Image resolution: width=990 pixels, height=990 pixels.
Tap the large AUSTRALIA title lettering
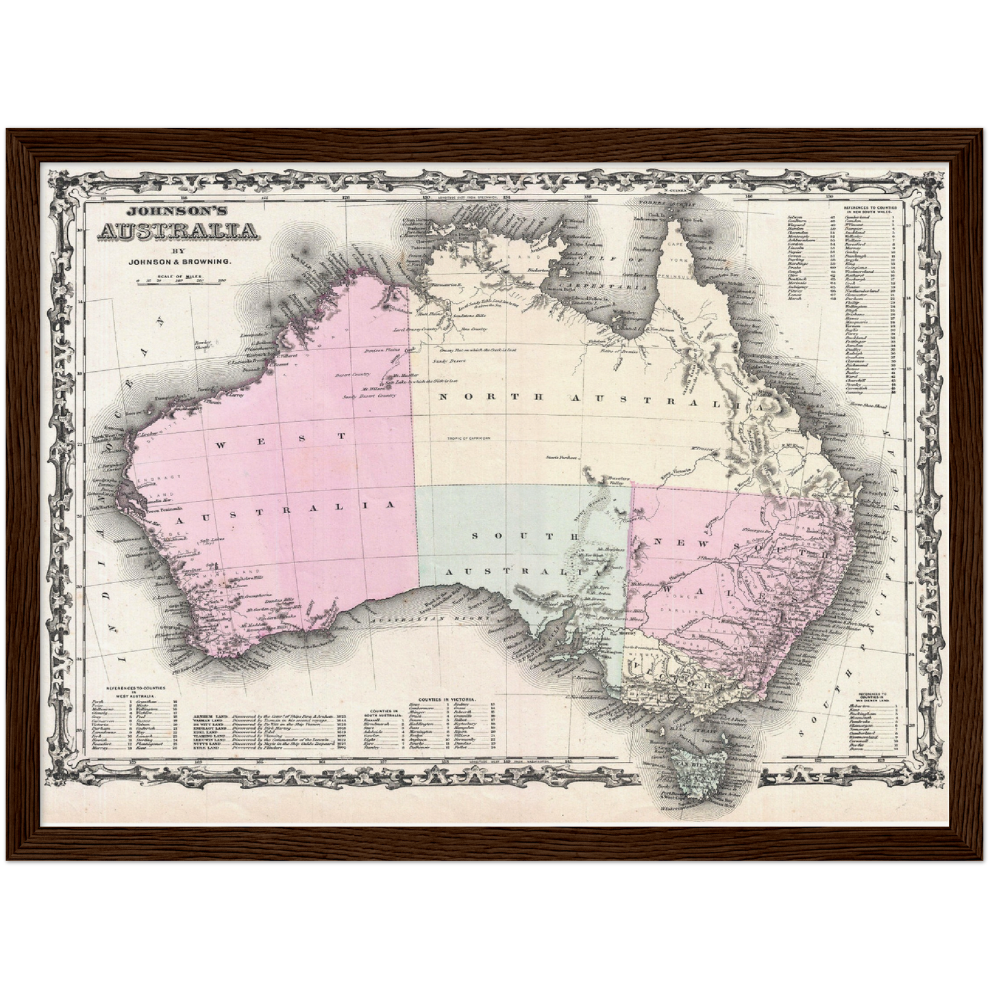pos(180,232)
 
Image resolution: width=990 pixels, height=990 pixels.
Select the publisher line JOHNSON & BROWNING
pos(180,261)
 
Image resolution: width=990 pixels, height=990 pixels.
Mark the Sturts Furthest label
pos(561,457)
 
